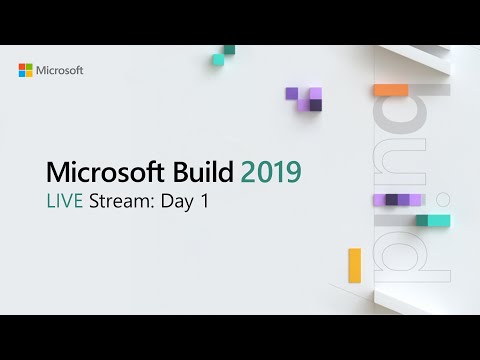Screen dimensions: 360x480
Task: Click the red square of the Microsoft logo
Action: point(22,67)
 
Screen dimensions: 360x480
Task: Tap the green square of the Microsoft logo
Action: point(29,67)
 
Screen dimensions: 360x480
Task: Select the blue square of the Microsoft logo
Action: point(22,74)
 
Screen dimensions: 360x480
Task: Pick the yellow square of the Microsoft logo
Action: point(29,74)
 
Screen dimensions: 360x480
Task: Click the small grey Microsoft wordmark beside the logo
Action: point(60,71)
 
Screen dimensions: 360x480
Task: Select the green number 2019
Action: point(265,172)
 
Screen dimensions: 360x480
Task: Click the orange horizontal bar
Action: point(390,90)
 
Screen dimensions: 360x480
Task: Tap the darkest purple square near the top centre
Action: point(316,105)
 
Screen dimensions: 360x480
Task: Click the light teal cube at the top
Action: point(218,60)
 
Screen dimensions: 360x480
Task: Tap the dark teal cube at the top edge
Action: point(229,49)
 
